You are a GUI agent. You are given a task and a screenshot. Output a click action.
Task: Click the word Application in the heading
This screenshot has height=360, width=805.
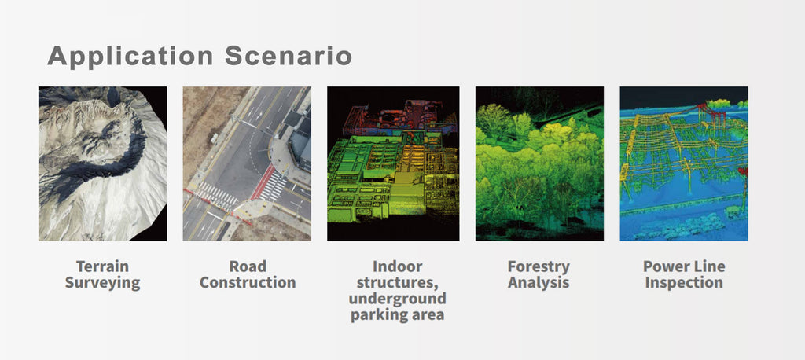130,57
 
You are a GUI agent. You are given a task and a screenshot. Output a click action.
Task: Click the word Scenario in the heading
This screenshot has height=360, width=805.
288,56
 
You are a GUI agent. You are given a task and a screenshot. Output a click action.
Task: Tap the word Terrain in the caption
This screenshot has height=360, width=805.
103,266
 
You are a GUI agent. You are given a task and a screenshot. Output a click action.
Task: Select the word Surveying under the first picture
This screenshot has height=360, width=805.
103,283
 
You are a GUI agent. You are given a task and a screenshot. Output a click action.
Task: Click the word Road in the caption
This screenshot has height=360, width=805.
248,266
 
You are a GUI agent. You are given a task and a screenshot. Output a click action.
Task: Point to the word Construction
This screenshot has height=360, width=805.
248,282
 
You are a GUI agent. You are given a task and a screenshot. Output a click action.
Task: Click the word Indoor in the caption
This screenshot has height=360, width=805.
397,266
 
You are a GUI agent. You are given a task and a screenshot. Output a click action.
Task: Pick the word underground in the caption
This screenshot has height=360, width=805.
397,299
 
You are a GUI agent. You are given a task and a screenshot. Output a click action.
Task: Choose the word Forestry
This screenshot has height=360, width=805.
539,267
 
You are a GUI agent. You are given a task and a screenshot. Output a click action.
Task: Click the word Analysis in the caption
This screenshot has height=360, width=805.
539,283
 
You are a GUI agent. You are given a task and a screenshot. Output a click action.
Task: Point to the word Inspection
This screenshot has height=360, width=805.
684,283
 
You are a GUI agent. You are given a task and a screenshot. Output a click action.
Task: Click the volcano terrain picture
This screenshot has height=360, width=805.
103,163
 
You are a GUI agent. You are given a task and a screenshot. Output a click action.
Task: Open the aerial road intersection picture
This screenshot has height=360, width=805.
247,163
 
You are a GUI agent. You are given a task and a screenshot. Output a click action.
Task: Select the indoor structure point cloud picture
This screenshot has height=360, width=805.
393,163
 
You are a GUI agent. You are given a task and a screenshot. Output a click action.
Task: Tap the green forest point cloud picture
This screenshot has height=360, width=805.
539,163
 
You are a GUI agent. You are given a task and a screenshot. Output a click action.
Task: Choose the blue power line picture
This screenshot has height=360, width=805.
684,163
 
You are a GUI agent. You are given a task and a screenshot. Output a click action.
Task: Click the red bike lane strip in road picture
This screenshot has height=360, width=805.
263,182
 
